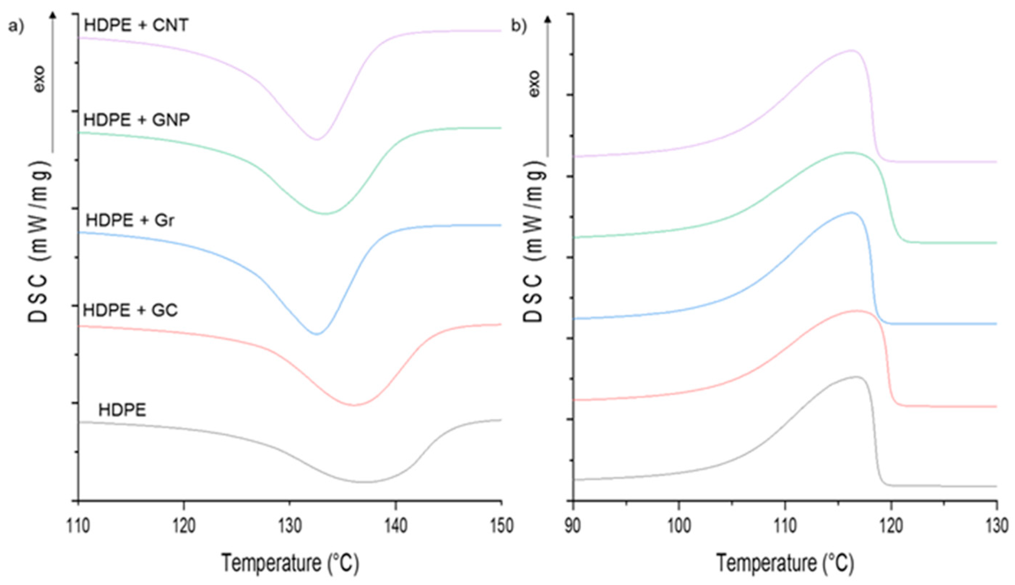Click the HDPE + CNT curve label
tap(136, 26)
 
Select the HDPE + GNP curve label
tap(136, 120)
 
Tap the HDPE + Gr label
tap(130, 220)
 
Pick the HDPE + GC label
tap(130, 310)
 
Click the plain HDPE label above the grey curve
tap(122, 410)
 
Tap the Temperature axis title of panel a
tap(290, 563)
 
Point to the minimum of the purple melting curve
tap(317, 139)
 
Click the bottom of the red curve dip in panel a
tap(354, 405)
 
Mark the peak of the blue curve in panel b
tap(850, 223)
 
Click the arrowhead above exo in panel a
tap(53, 15)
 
